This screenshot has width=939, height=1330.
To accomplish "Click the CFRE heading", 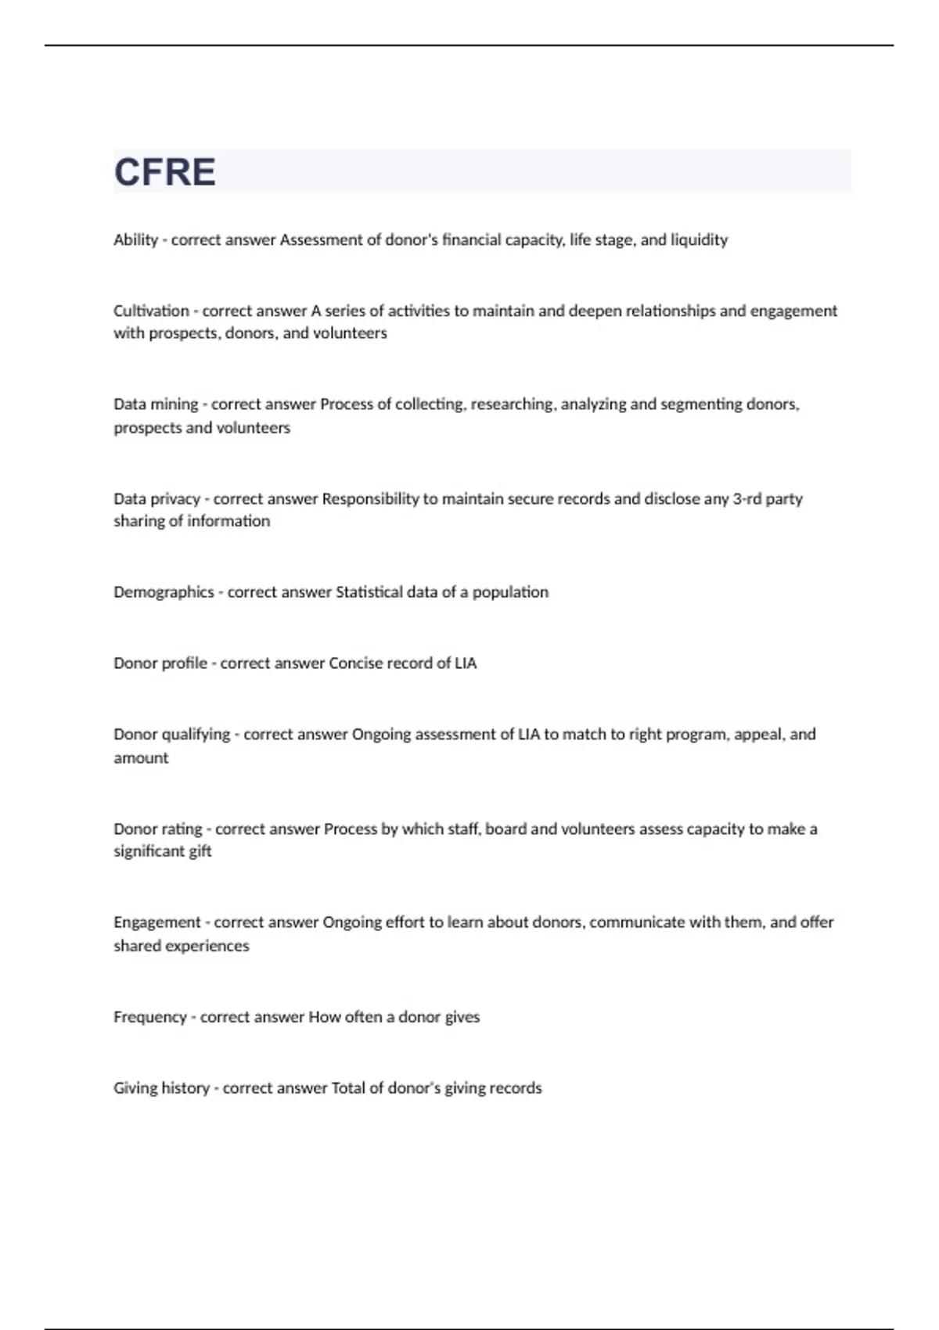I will (x=165, y=172).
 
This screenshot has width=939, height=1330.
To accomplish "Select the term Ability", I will (x=135, y=240).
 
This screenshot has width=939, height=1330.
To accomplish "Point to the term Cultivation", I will (x=151, y=311).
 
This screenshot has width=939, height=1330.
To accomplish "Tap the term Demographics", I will (x=164, y=592).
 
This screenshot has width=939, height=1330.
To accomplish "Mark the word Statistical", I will (x=369, y=592).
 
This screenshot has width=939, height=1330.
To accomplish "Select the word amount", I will (x=141, y=758).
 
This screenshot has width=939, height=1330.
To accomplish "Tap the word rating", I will (x=182, y=829).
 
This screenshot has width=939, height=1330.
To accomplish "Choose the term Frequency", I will (x=150, y=1017).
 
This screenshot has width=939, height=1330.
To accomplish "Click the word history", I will (x=185, y=1088).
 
